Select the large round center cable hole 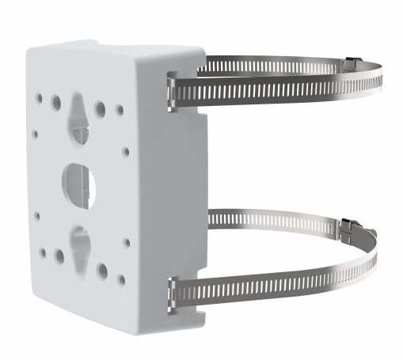coord(79,180)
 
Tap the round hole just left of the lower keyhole coord(59,256)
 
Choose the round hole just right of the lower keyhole coord(102,271)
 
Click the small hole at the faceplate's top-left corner coord(38,97)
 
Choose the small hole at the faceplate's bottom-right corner coord(121,279)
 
